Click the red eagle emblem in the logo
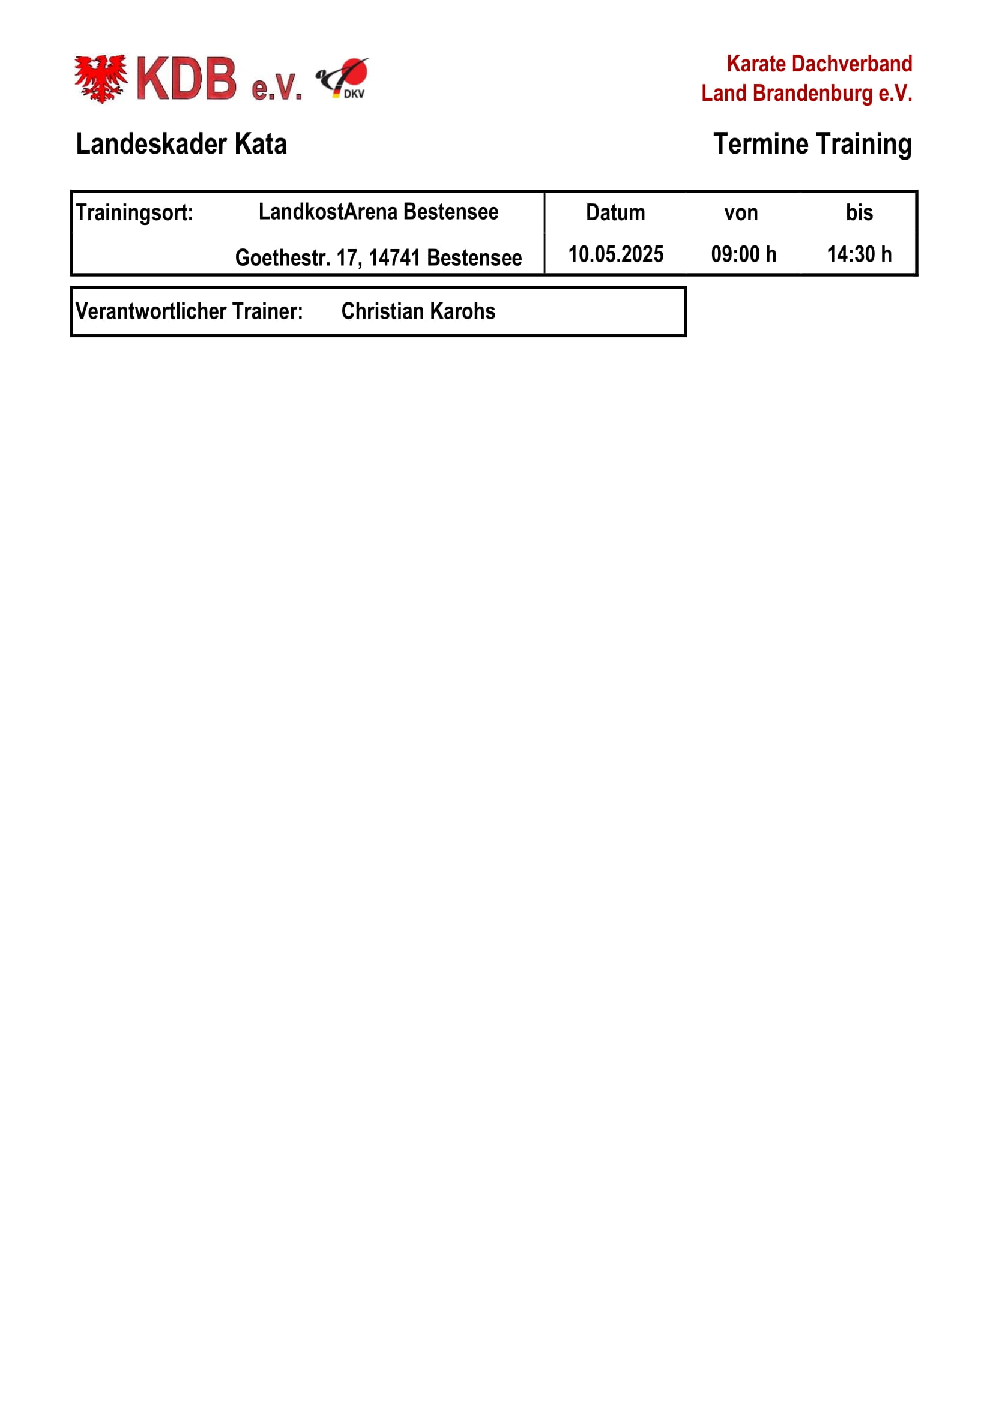(101, 78)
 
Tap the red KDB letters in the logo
(186, 79)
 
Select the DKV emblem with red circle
(343, 78)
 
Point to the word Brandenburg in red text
(813, 94)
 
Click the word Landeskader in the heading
(152, 144)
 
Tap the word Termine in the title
(761, 144)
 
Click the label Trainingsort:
(134, 212)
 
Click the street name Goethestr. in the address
(283, 258)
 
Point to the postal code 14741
(394, 258)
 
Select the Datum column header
(615, 212)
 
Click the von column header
(741, 212)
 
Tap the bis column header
(859, 212)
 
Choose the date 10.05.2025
(616, 254)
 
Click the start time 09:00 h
(743, 254)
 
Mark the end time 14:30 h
(859, 254)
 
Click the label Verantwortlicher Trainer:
(189, 311)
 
